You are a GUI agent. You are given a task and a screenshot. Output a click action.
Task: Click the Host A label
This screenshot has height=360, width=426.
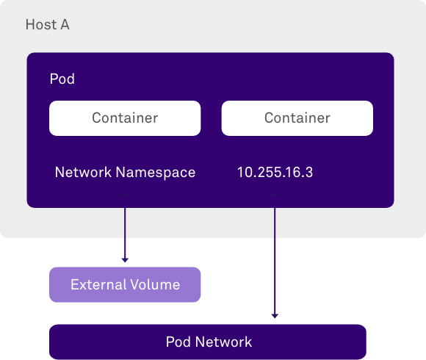tap(48, 24)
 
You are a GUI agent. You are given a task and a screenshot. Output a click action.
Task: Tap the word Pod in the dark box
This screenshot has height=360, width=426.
tap(62, 79)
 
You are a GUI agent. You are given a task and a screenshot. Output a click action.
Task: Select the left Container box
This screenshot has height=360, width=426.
tap(125, 118)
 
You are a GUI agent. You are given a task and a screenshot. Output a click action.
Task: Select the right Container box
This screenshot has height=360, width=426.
tap(297, 118)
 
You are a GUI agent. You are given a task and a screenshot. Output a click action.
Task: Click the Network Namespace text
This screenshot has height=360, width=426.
tap(125, 172)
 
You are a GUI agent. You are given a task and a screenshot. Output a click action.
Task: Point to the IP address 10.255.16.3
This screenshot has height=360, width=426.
tap(275, 172)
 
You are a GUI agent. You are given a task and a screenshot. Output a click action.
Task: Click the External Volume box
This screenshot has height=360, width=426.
tap(125, 284)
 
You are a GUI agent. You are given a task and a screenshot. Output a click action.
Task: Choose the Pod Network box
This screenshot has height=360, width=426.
tap(208, 342)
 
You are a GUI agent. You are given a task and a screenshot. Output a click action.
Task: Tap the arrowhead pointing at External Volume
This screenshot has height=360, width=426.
tap(125, 260)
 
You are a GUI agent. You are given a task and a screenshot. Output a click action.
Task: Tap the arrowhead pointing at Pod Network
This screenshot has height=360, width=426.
tap(275, 316)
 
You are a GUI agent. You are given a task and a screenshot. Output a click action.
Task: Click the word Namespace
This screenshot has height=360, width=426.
tap(156, 173)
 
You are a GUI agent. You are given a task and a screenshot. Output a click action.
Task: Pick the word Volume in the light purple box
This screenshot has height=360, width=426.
tap(155, 284)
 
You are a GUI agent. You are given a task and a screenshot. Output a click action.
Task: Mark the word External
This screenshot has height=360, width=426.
tap(98, 284)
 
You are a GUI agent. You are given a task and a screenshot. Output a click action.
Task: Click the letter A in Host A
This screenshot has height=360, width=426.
tap(65, 24)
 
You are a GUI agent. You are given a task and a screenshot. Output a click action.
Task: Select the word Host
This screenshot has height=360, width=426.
tap(41, 24)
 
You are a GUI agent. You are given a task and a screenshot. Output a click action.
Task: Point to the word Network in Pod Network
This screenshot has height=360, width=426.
tap(223, 342)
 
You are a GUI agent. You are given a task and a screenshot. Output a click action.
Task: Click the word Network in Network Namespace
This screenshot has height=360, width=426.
tap(83, 172)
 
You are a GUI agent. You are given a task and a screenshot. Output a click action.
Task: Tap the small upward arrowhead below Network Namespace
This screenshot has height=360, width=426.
tap(125, 194)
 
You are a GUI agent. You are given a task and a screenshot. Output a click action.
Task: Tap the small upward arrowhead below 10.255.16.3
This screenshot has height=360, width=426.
tap(275, 194)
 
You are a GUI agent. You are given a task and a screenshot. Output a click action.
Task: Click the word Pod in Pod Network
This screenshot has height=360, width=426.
tap(178, 342)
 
